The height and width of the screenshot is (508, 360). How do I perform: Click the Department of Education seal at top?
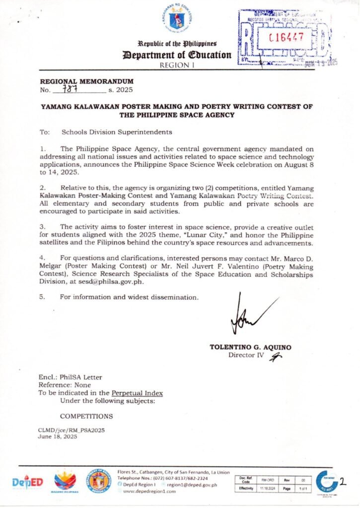pos(180,19)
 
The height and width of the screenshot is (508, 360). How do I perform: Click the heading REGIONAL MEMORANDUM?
pos(86,81)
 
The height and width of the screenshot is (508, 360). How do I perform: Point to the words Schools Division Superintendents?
pos(117,132)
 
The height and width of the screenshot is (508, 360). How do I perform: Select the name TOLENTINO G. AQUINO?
pos(251,347)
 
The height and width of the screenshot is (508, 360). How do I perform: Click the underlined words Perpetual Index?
pos(137,393)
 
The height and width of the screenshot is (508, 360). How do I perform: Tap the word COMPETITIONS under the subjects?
pos(86,416)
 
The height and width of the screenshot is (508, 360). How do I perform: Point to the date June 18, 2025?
pos(58,437)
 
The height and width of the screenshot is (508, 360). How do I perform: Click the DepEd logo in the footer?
pos(28,482)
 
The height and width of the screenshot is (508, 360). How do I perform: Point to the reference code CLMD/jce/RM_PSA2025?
pos(72,430)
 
